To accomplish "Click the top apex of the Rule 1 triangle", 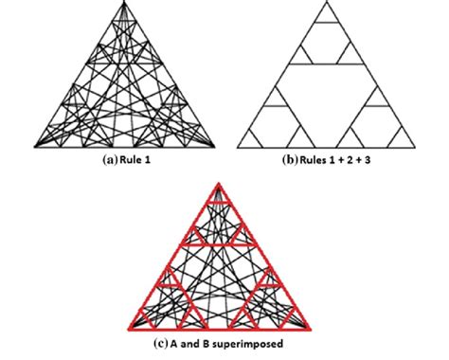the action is pyautogui.click(x=126, y=4).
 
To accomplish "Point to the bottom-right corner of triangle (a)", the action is pyautogui.click(x=215, y=146).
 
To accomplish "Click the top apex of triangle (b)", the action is pyautogui.click(x=327, y=4).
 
